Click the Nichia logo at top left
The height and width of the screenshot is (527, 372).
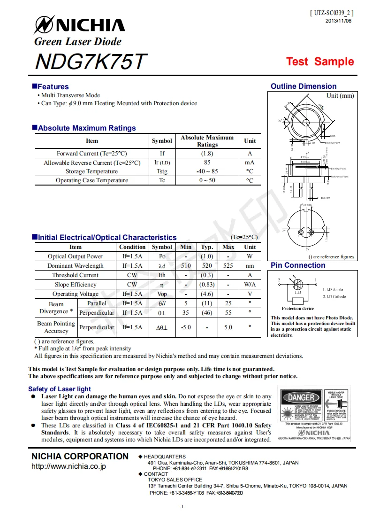pyautogui.click(x=80, y=25)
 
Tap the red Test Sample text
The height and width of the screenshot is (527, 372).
pyautogui.click(x=320, y=62)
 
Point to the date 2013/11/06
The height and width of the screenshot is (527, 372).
pyautogui.click(x=338, y=21)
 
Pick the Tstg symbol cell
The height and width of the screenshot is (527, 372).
pyautogui.click(x=162, y=171)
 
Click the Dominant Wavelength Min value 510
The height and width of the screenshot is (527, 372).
pyautogui.click(x=186, y=266)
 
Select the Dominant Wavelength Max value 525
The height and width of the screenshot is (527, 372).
pyautogui.click(x=228, y=266)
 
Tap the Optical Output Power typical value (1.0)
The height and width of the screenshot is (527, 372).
pyautogui.click(x=207, y=256)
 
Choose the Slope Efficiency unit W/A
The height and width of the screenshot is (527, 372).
pyautogui.click(x=250, y=285)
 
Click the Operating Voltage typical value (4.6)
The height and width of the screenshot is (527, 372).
pyautogui.click(x=207, y=294)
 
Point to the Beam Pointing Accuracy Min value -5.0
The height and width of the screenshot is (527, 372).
pyautogui.click(x=186, y=327)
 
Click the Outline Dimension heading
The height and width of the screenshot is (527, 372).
pyautogui.click(x=304, y=86)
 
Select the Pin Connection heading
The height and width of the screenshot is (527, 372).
pyautogui.click(x=298, y=265)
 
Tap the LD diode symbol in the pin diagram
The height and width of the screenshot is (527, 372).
pyautogui.click(x=297, y=285)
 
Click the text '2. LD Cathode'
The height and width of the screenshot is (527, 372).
pyautogui.click(x=334, y=296)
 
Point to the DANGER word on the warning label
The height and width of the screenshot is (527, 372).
pyautogui.click(x=300, y=398)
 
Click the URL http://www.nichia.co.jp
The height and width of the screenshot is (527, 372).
pyautogui.click(x=68, y=466)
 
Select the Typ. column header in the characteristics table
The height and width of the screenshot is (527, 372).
pyautogui.click(x=207, y=247)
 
